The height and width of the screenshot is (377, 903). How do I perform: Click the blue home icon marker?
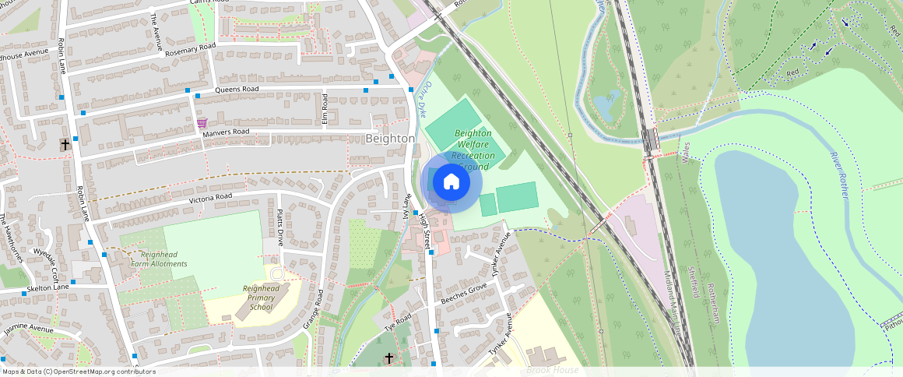pyautogui.click(x=451, y=182)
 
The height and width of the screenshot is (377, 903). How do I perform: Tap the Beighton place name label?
pyautogui.click(x=390, y=138)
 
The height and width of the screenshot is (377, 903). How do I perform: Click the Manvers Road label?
pyautogui.click(x=226, y=132)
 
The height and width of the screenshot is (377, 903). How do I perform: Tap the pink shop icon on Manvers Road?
pyautogui.click(x=202, y=123)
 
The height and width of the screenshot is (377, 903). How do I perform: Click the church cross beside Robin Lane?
pyautogui.click(x=65, y=145)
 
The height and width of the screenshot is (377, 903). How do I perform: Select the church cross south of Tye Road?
pyautogui.click(x=389, y=358)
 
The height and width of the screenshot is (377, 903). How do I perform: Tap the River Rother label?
pyautogui.click(x=838, y=175)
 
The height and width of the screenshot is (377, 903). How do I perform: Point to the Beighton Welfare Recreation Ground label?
pyautogui.click(x=473, y=150)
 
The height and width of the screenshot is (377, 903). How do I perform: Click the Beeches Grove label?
pyautogui.click(x=463, y=294)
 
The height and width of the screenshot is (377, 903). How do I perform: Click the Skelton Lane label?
pyautogui.click(x=47, y=287)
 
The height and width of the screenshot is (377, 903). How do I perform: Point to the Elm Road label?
pyautogui.click(x=325, y=109)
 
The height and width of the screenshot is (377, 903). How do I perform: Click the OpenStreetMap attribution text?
pyautogui.click(x=79, y=372)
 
